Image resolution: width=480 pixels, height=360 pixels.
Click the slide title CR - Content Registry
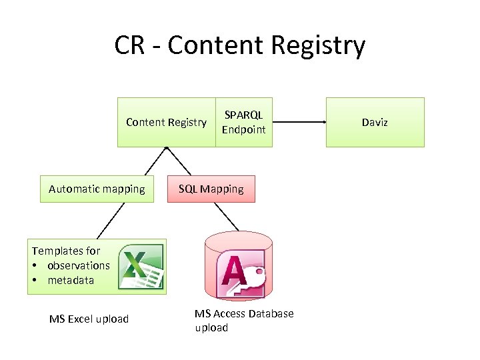pos(239,45)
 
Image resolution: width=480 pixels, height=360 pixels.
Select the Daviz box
pos(375,122)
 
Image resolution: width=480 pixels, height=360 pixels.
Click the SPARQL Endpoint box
pos(243,122)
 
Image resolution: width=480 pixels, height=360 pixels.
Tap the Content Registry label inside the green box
pos(166,122)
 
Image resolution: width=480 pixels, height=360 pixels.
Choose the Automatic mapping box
pos(97,189)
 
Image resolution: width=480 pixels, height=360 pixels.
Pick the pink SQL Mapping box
pos(211,189)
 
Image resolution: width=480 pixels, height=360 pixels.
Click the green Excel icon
pos(141,267)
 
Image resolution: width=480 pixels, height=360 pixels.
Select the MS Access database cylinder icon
pos(235,265)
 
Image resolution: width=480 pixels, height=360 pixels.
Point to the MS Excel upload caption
pos(89,319)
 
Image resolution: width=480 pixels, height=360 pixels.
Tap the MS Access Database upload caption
pos(243,320)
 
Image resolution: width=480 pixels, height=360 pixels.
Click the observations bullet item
pos(77,265)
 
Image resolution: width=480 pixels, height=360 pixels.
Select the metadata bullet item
pos(70,280)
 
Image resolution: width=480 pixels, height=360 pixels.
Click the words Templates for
pos(66,251)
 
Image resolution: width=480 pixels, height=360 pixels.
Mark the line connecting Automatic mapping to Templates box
pos(111,220)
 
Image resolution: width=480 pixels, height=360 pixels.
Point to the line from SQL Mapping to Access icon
pos(225,215)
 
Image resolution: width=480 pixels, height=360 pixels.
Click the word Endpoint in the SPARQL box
pos(243,129)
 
